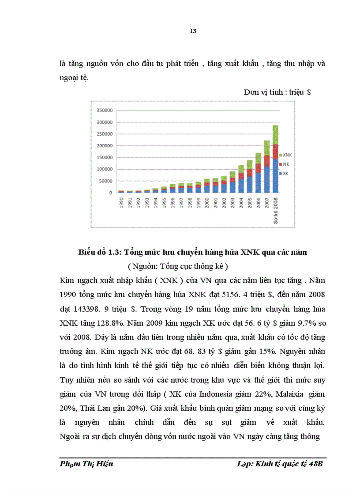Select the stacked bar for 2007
tap(266, 167)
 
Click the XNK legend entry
tap(286, 156)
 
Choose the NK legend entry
tap(285, 164)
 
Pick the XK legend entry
tap(285, 173)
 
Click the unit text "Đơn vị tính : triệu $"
tap(277, 93)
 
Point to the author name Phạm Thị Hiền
tap(86, 465)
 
